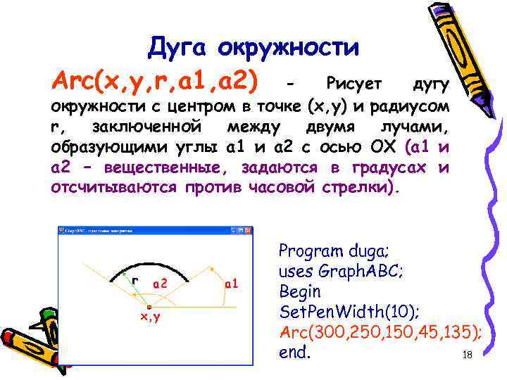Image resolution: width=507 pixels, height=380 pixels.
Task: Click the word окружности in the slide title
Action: (x=288, y=48)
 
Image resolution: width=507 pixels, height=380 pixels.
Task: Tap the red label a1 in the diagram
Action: (x=232, y=284)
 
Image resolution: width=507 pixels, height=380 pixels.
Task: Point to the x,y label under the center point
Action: (x=149, y=317)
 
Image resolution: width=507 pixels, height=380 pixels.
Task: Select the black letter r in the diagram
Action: (x=134, y=280)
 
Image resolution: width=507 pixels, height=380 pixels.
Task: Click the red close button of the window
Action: (x=246, y=230)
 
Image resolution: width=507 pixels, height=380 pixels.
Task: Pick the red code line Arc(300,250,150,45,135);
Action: (x=380, y=332)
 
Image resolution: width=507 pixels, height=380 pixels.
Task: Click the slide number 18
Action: (x=466, y=355)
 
